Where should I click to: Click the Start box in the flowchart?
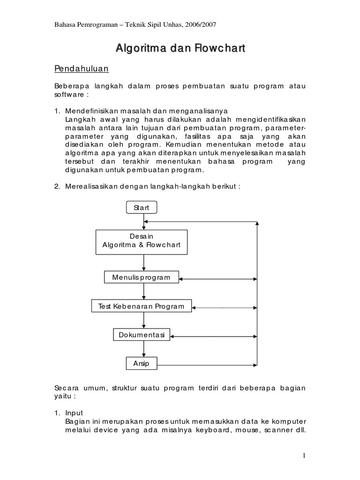pos(142,207)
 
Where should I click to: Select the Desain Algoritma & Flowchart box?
pos(142,242)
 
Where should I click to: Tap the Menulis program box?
pos(142,277)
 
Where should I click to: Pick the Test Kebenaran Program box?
pos(142,307)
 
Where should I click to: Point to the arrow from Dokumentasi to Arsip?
pos(143,349)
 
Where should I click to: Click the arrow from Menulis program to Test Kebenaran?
pos(143,292)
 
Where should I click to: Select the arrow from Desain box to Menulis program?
pos(143,262)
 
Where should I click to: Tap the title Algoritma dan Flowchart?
pos(180,49)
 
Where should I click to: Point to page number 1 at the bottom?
pos(304,455)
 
